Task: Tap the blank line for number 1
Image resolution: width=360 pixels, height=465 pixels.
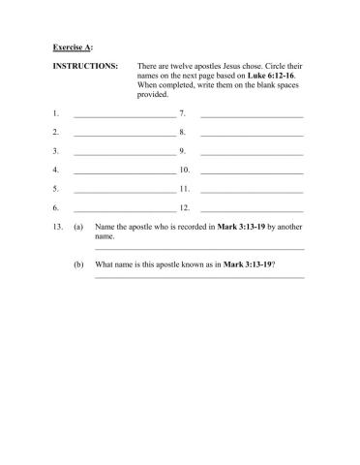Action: pyautogui.click(x=124, y=116)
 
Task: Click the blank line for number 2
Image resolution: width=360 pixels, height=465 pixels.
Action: pyautogui.click(x=124, y=135)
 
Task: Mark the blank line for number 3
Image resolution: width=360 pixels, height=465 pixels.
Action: pyautogui.click(x=124, y=153)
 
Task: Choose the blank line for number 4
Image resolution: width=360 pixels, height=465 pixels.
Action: pyautogui.click(x=124, y=171)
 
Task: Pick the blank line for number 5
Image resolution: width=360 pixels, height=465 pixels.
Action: pyautogui.click(x=124, y=190)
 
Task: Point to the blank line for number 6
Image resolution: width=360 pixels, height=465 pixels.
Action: pyautogui.click(x=124, y=208)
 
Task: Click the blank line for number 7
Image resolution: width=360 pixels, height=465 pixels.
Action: pyautogui.click(x=252, y=116)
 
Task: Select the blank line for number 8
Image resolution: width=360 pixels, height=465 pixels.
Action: pyautogui.click(x=252, y=135)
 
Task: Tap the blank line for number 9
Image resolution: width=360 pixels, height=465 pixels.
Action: pyautogui.click(x=252, y=153)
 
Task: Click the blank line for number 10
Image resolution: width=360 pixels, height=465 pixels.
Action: pyautogui.click(x=252, y=171)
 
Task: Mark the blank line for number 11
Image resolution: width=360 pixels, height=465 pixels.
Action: pyautogui.click(x=252, y=190)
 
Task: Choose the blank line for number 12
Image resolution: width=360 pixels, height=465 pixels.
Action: pyautogui.click(x=252, y=208)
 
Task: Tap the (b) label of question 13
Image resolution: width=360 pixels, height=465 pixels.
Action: pyautogui.click(x=78, y=263)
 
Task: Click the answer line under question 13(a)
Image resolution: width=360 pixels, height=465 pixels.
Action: pyautogui.click(x=199, y=249)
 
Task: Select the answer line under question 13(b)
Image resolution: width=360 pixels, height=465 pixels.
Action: pyautogui.click(x=199, y=277)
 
